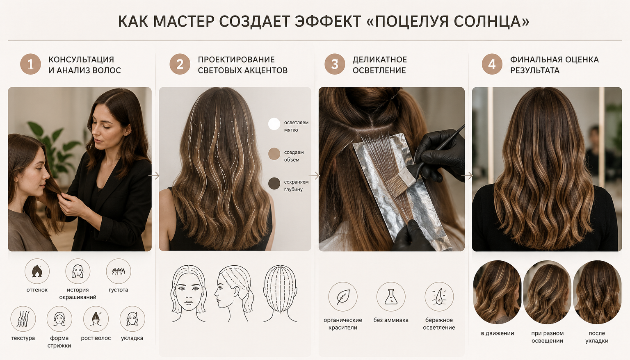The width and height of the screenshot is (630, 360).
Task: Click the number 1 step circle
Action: click(x=31, y=64)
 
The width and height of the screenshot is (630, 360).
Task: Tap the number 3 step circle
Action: click(x=335, y=64)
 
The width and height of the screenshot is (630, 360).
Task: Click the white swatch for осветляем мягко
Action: click(x=274, y=124)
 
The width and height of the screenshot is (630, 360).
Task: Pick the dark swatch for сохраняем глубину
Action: click(x=274, y=184)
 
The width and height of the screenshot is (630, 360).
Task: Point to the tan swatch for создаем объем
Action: click(x=274, y=154)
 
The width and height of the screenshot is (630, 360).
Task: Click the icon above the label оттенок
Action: click(x=37, y=271)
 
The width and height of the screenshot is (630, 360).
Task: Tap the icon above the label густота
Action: click(x=119, y=271)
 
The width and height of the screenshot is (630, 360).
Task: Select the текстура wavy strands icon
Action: click(x=23, y=319)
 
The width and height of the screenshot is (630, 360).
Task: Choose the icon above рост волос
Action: click(x=96, y=319)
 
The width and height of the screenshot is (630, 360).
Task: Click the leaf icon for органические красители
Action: click(x=343, y=297)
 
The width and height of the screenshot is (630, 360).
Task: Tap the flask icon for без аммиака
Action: click(x=391, y=297)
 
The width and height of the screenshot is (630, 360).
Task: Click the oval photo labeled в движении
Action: click(x=497, y=292)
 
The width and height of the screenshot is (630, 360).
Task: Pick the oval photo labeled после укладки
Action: click(x=597, y=292)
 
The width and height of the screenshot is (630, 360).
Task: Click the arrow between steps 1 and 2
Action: click(x=154, y=176)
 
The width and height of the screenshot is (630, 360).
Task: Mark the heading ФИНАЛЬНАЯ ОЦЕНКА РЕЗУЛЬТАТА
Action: click(x=555, y=65)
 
